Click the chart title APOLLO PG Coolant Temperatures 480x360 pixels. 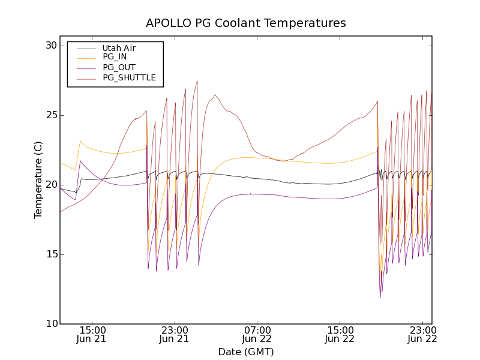click(246, 23)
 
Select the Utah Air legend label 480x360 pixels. click(119, 48)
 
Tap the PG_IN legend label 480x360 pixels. click(115, 57)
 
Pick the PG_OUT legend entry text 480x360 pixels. click(119, 67)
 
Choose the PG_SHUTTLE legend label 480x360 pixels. click(129, 77)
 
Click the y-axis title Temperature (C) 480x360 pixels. click(38, 180)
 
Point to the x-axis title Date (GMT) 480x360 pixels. click(246, 352)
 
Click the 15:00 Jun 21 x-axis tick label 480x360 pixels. click(92, 334)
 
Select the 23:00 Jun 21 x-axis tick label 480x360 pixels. click(175, 334)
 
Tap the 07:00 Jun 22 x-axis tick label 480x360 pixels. click(257, 334)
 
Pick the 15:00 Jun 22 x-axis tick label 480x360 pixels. click(340, 334)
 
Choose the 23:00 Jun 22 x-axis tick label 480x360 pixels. click(422, 334)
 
